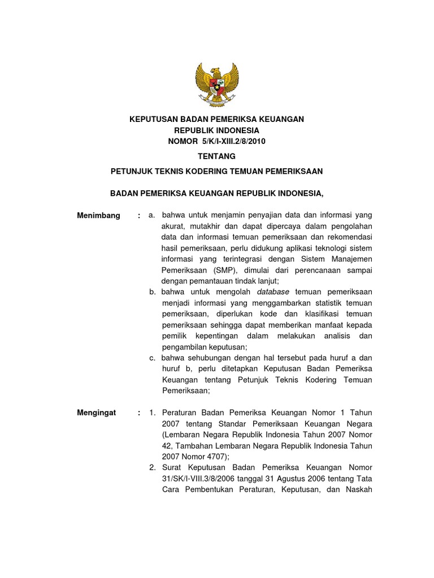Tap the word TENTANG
[x=217, y=156]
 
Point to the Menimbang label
[x=98, y=216]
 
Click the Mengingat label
[x=96, y=413]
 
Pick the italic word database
[x=273, y=292]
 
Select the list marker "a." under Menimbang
[x=152, y=216]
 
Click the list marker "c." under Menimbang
[x=152, y=358]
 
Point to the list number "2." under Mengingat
[x=153, y=467]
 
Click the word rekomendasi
[x=349, y=237]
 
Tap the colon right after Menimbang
[x=138, y=216]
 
